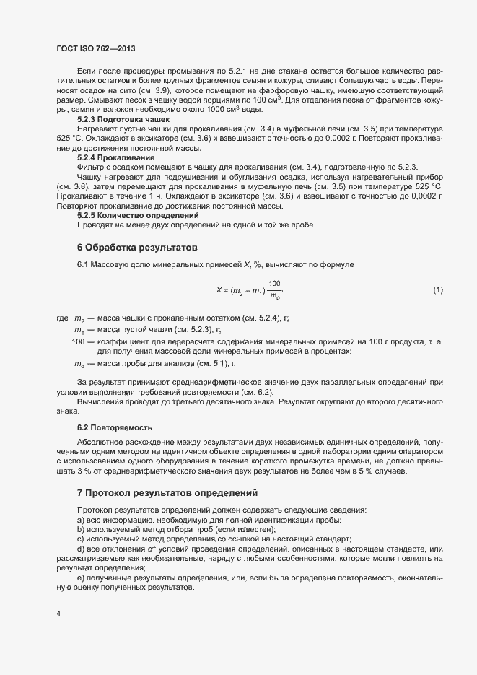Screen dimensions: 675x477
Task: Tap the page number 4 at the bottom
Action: coord(58,614)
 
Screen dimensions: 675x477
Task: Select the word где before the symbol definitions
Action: coord(61,318)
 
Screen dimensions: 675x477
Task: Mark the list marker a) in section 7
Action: coord(81,521)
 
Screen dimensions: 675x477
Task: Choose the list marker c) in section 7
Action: coord(81,539)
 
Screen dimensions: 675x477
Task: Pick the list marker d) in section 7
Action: coord(81,549)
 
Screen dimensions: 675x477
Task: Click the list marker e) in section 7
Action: coord(81,578)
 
